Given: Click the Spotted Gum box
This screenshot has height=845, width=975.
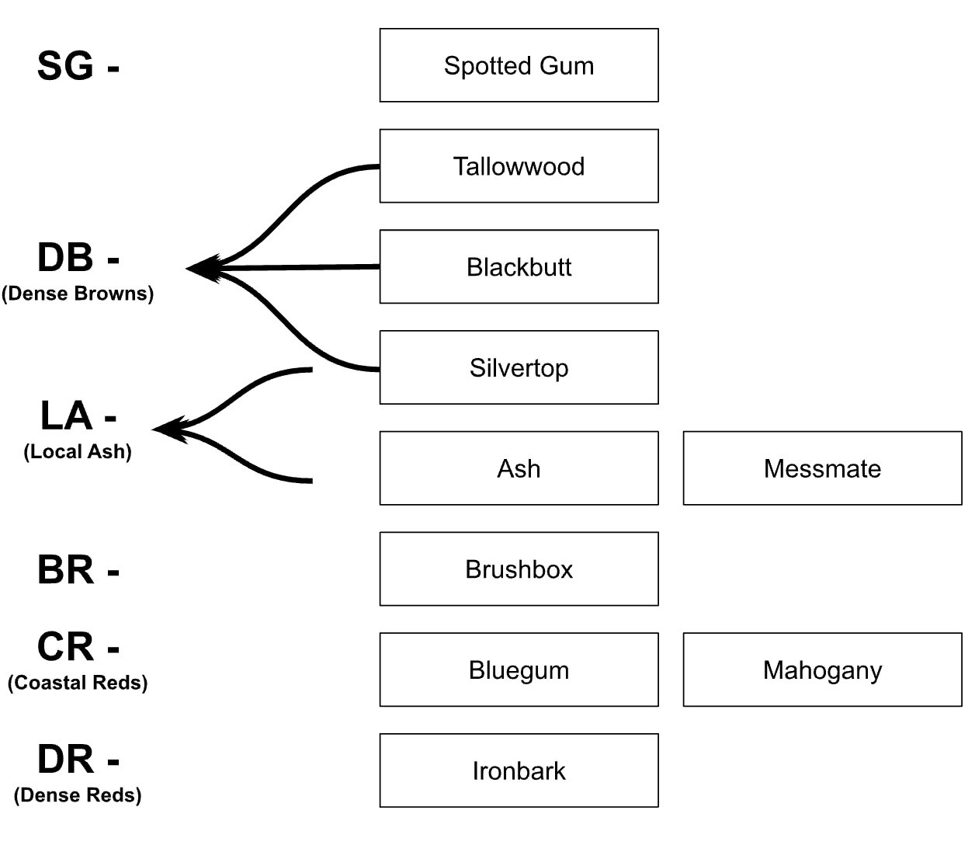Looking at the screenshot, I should click(519, 65).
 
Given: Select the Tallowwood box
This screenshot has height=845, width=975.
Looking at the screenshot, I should click(519, 166).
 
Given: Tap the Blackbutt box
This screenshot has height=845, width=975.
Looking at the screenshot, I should click(519, 266).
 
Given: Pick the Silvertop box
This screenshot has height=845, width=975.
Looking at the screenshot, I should click(519, 367).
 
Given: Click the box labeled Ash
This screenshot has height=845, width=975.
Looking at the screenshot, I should click(519, 468).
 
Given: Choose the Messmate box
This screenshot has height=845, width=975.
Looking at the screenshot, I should click(822, 468).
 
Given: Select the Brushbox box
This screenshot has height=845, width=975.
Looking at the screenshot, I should click(519, 569).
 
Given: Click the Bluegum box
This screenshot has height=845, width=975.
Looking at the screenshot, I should click(519, 669).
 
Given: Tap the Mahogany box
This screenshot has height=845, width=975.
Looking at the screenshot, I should click(822, 669).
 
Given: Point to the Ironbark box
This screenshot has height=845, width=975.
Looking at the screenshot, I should click(519, 770).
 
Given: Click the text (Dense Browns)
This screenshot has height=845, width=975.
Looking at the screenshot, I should click(78, 294).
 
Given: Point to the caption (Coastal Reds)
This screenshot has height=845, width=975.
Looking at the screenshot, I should click(78, 683).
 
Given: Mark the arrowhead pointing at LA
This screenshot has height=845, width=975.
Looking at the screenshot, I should click(168, 429).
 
